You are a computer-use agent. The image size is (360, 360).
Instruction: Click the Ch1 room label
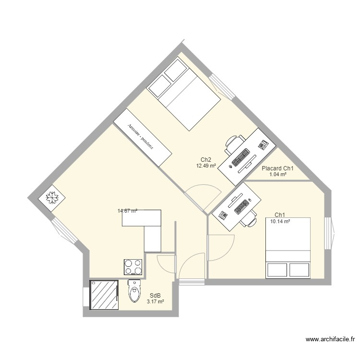pyautogui.click(x=280, y=215)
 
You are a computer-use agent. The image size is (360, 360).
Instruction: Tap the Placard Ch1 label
pyautogui.click(x=277, y=168)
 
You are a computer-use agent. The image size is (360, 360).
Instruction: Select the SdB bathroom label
pyautogui.click(x=156, y=296)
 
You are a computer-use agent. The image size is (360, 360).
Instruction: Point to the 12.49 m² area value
pyautogui.click(x=206, y=166)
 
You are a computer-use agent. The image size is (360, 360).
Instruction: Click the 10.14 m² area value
pyautogui.click(x=280, y=221)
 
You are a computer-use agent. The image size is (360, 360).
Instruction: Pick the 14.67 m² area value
pyautogui.click(x=127, y=210)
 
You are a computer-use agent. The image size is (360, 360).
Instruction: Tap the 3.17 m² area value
pyautogui.click(x=156, y=302)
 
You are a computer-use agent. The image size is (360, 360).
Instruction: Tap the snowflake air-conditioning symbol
pyautogui.click(x=51, y=197)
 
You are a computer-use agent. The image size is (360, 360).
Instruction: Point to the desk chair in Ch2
pyautogui.click(x=232, y=143)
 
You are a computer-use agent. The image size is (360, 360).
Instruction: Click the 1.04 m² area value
pyautogui.click(x=278, y=175)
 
